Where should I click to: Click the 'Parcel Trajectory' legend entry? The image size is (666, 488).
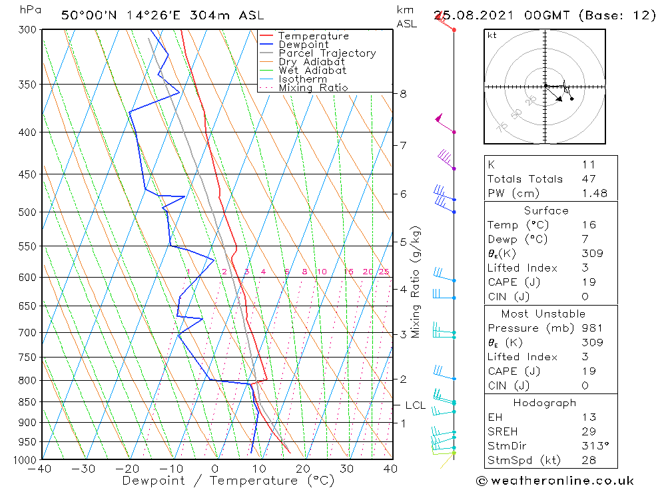(x=327, y=53)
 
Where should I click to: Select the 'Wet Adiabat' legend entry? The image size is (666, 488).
(x=312, y=71)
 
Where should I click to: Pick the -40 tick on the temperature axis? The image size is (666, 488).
(x=41, y=469)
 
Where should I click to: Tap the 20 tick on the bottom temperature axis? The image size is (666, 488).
(x=303, y=469)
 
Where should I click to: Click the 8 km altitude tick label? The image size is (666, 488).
(x=404, y=94)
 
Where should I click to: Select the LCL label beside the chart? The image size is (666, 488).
(x=415, y=405)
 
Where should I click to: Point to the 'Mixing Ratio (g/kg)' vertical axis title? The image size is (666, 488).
(x=416, y=282)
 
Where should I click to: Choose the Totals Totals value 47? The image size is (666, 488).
(x=589, y=178)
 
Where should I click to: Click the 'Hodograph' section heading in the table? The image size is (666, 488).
(x=545, y=403)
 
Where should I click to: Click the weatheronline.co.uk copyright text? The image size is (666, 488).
(x=554, y=481)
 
